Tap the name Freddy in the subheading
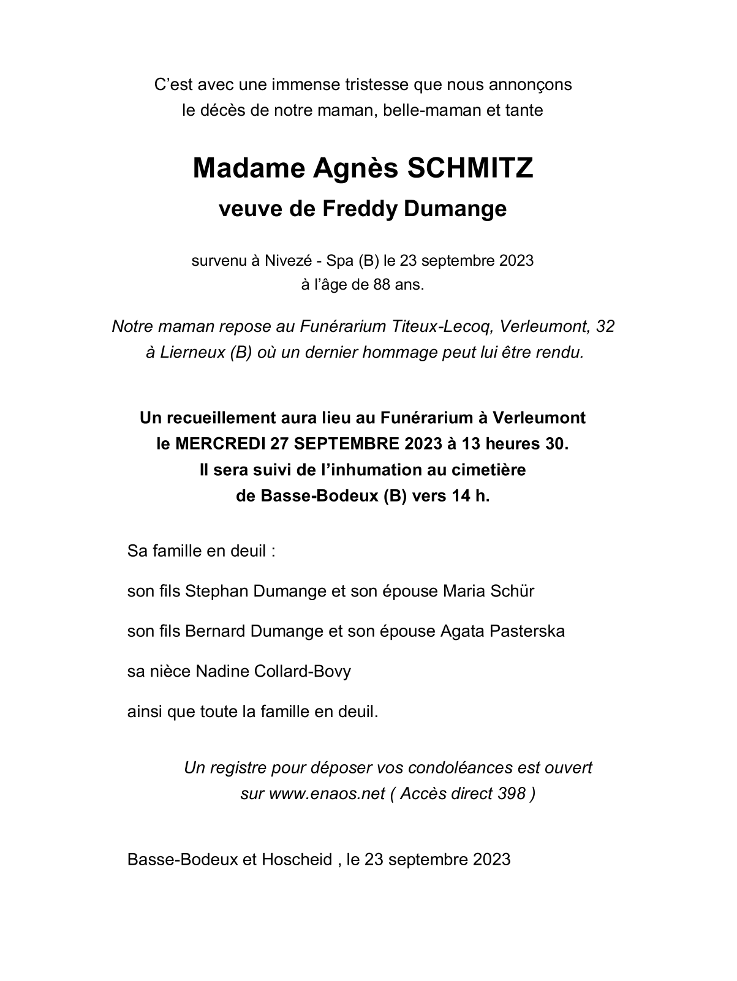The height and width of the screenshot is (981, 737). click(360, 209)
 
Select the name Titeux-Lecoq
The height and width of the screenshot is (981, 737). click(441, 326)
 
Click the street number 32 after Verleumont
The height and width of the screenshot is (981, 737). click(605, 326)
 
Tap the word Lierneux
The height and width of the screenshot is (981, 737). click(192, 353)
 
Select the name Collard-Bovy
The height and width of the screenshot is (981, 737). click(304, 672)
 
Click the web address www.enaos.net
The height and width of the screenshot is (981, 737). click(327, 794)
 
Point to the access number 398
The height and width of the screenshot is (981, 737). click(512, 794)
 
